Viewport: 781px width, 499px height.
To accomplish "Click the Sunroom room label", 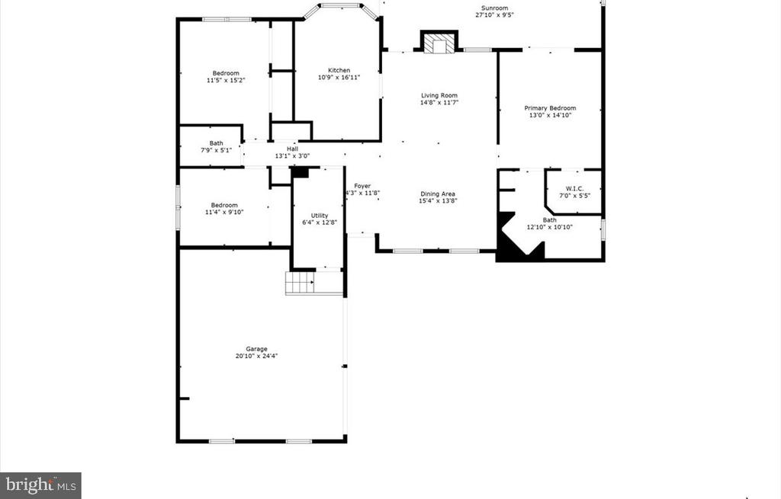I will pyautogui.click(x=492, y=8).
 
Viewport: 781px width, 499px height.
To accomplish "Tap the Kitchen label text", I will pyautogui.click(x=339, y=70).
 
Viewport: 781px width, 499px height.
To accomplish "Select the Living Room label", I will pyautogui.click(x=439, y=95).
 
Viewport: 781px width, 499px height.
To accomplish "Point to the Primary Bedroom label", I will pyautogui.click(x=550, y=108).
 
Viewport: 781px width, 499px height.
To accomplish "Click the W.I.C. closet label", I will pyautogui.click(x=574, y=188).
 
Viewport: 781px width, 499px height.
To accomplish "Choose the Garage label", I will pyautogui.click(x=256, y=349).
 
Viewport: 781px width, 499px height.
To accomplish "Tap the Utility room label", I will pyautogui.click(x=319, y=216).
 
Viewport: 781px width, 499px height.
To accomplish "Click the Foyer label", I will pyautogui.click(x=362, y=186).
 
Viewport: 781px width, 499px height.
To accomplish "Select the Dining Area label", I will pyautogui.click(x=438, y=194).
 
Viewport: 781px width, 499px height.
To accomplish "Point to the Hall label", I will pyautogui.click(x=292, y=149).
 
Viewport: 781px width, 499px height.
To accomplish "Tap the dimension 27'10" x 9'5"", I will pyautogui.click(x=492, y=14).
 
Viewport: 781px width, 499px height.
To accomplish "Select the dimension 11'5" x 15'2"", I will pyautogui.click(x=226, y=80).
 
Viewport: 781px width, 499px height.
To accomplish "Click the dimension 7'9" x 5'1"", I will pyautogui.click(x=217, y=150).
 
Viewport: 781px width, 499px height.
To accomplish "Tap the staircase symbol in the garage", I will pyautogui.click(x=301, y=283).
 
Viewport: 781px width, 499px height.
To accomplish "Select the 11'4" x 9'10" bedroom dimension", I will pyautogui.click(x=224, y=213).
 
